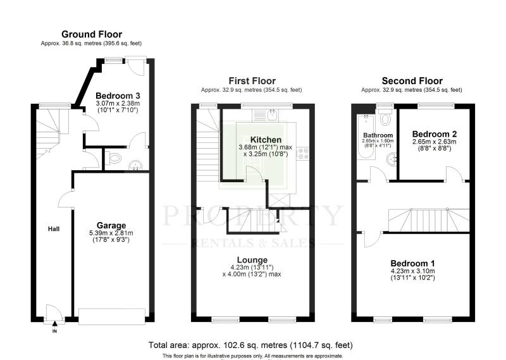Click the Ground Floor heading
coord(91,34)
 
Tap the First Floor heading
coord(252,81)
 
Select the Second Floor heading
coord(412,81)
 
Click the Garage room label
coord(111,225)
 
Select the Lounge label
coord(252,259)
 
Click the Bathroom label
coord(378,135)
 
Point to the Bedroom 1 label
coord(412,263)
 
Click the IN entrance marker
coord(54,330)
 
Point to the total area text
coord(250,345)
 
